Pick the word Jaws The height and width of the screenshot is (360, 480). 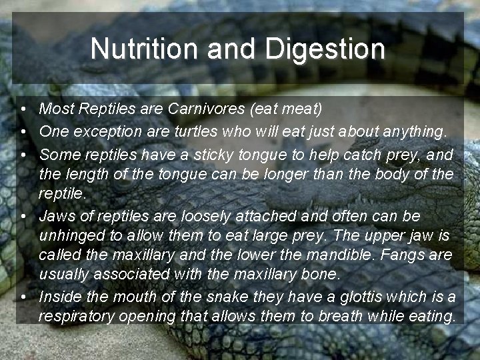58,217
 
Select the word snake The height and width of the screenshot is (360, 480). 198,297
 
